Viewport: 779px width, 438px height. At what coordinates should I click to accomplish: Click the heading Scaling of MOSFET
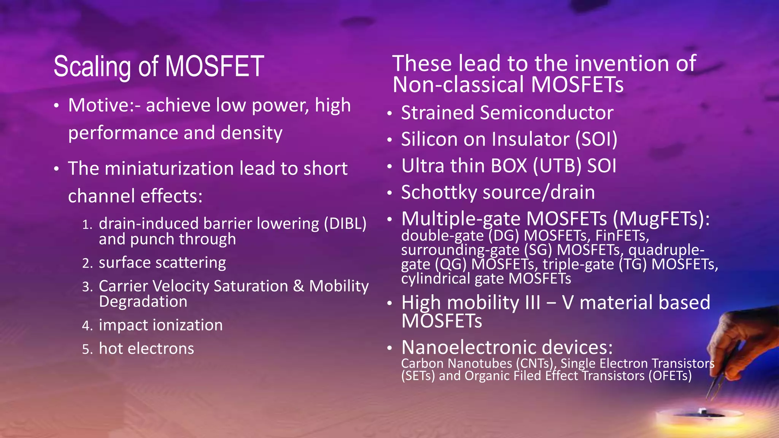pyautogui.click(x=159, y=67)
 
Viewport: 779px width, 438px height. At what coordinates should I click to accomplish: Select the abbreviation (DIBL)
pyautogui.click(x=345, y=224)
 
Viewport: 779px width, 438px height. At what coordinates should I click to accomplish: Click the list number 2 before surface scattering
pyautogui.click(x=87, y=263)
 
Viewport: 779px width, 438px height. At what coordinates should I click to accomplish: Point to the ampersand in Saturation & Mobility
pyautogui.click(x=299, y=286)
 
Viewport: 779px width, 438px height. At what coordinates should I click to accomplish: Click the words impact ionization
pyautogui.click(x=161, y=325)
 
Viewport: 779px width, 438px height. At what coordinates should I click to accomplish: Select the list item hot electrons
pyautogui.click(x=146, y=349)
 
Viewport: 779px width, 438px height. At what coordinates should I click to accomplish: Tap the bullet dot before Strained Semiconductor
pyautogui.click(x=389, y=114)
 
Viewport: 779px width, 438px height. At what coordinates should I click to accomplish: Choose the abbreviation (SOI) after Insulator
pyautogui.click(x=596, y=139)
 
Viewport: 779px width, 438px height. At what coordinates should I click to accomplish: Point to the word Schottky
pyautogui.click(x=439, y=192)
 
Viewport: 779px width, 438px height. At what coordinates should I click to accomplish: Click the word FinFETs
pyautogui.click(x=622, y=236)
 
